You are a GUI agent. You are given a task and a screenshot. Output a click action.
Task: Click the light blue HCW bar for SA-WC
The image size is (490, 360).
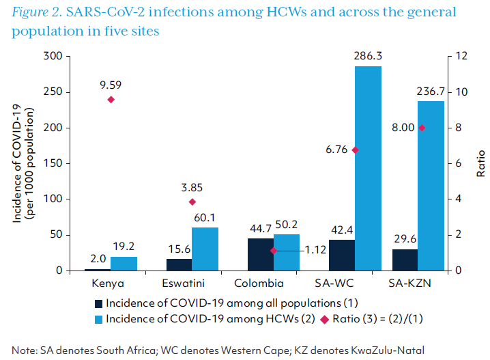click(x=368, y=168)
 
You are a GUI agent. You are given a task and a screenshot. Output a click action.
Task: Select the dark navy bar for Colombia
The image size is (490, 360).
click(x=260, y=254)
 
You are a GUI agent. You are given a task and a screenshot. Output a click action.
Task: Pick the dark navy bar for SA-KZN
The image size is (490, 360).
click(x=405, y=260)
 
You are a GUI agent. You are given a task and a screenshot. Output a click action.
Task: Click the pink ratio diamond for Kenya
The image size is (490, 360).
click(x=111, y=100)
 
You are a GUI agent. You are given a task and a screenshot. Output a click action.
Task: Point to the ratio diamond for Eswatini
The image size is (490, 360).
click(x=192, y=202)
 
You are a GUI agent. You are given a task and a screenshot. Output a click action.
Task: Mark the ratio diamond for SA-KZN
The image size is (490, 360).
click(x=422, y=128)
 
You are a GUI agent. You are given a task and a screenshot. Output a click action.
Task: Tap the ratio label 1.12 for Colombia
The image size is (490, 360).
click(x=315, y=251)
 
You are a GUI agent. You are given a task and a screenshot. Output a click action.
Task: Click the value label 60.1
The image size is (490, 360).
click(x=205, y=217)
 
